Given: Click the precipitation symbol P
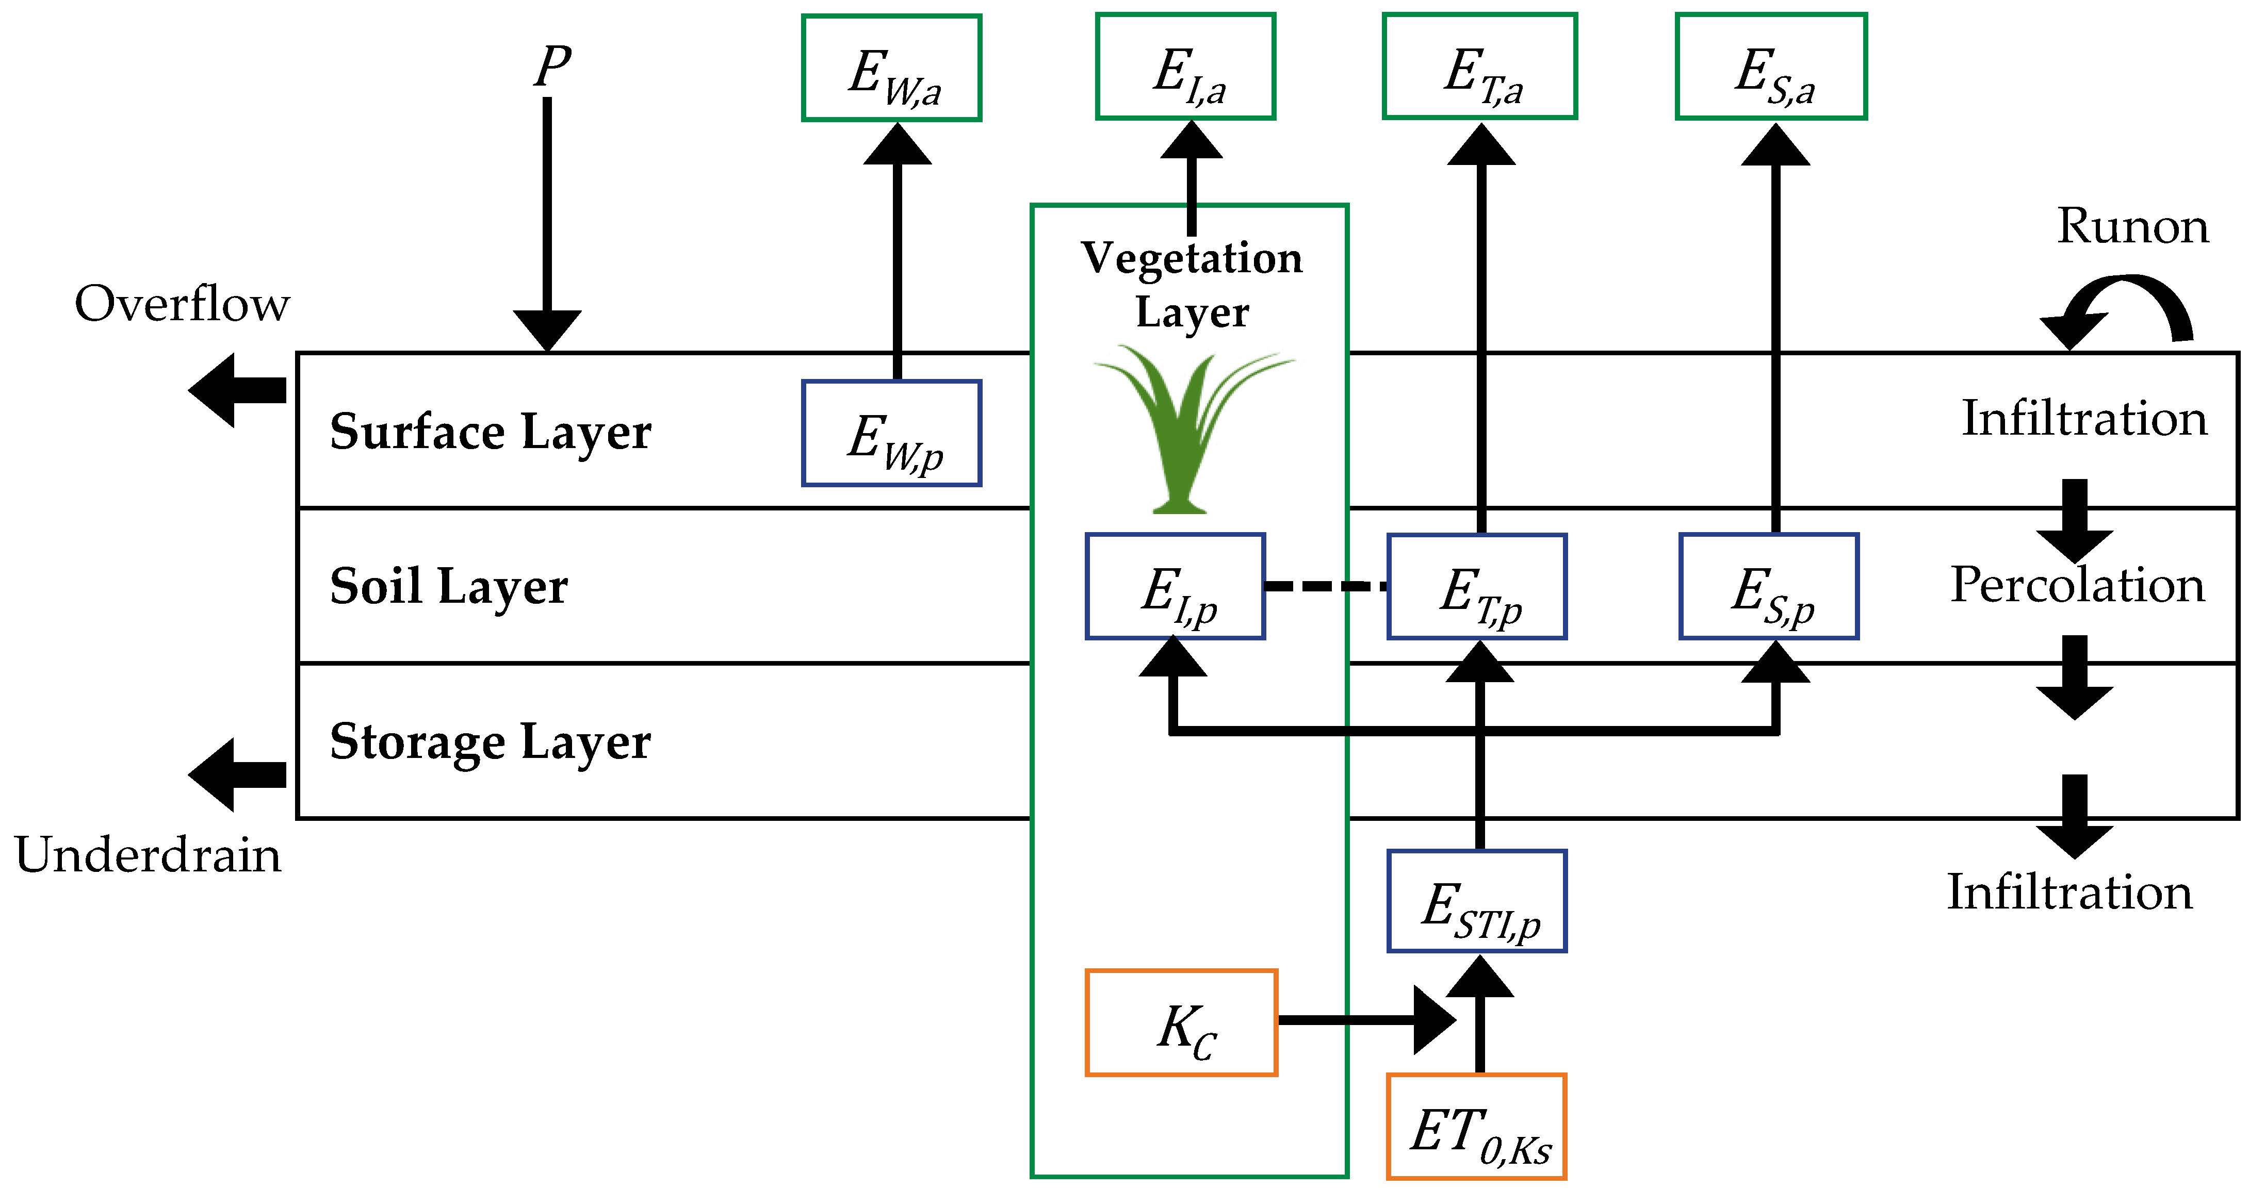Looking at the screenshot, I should click(x=552, y=67).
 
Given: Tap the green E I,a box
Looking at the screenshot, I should click(x=1185, y=67).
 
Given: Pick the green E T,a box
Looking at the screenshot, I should click(x=1480, y=67).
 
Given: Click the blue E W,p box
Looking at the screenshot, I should click(x=891, y=433).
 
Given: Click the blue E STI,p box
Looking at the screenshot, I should click(x=1477, y=901).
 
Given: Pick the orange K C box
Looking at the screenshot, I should click(x=1181, y=1022).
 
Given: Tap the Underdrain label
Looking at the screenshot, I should click(x=149, y=855).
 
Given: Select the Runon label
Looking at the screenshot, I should click(x=2132, y=226).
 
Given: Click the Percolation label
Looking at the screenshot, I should click(x=2078, y=585).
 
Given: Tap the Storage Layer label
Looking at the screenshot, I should click(x=490, y=742).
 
